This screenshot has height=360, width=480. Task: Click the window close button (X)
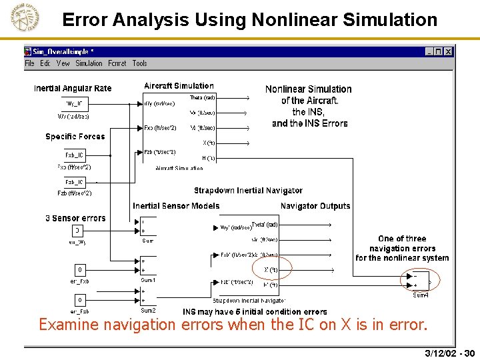[x=448, y=51]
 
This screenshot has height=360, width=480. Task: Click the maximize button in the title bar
[x=438, y=51]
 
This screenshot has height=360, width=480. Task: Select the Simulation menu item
[x=89, y=63]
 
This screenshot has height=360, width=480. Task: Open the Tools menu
[x=139, y=63]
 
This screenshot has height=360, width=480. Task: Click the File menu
[x=29, y=63]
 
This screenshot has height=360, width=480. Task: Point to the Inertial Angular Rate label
[x=73, y=88]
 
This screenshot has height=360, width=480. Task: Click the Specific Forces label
[x=75, y=137]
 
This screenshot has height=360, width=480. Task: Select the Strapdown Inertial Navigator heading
[x=248, y=191]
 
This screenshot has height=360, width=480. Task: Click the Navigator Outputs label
[x=315, y=206]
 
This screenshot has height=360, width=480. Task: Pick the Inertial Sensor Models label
[x=176, y=206]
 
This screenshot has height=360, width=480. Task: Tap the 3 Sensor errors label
[x=75, y=218]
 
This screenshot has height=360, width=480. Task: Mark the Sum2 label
[x=148, y=311]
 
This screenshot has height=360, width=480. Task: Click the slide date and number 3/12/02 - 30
[x=449, y=353]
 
